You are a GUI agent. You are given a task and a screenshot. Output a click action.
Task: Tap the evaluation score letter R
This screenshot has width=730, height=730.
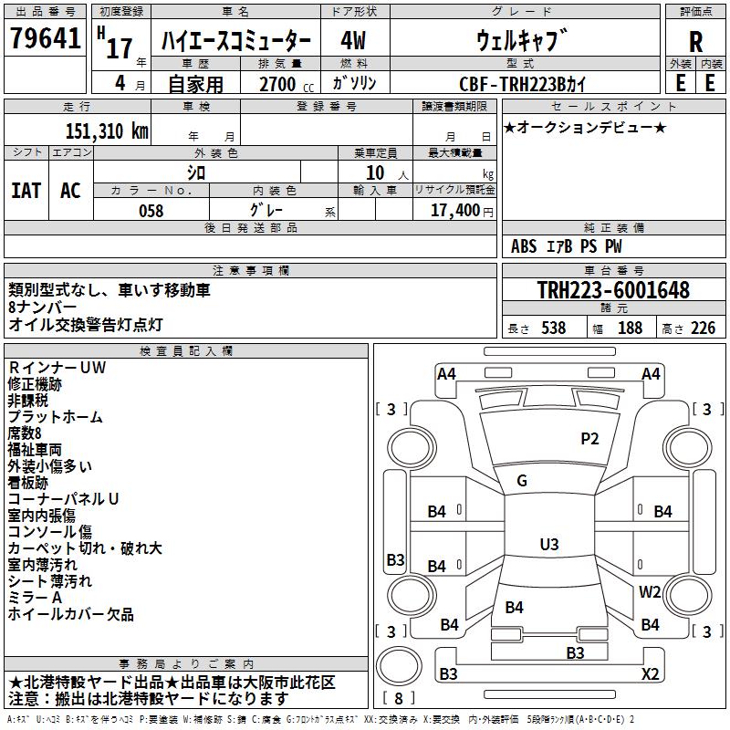[695, 41]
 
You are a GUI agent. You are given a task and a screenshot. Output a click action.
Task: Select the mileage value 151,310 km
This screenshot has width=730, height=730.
[107, 130]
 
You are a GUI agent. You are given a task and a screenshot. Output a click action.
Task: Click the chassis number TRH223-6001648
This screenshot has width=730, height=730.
[612, 290]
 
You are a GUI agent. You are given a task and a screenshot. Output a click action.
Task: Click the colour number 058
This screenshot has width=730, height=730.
[151, 211]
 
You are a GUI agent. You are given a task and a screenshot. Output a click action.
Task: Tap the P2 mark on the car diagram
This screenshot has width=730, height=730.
[590, 439]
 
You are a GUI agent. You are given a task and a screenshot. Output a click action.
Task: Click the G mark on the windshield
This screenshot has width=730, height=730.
[522, 481]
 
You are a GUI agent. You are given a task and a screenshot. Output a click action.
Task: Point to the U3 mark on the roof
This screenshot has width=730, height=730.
[548, 545]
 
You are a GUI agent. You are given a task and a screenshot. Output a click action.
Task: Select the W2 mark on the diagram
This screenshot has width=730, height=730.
[650, 591]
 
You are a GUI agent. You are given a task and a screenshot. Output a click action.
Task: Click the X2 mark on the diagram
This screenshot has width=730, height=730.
[650, 674]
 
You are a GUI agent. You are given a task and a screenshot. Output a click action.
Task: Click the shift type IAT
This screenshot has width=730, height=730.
[26, 191]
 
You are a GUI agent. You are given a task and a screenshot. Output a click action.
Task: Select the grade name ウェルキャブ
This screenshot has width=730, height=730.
[521, 41]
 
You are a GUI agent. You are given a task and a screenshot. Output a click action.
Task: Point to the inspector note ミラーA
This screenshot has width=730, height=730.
[35, 597]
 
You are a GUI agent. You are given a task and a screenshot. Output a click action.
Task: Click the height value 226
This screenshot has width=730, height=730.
[703, 328]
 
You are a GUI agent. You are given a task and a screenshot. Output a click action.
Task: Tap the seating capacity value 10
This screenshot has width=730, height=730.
[375, 172]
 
